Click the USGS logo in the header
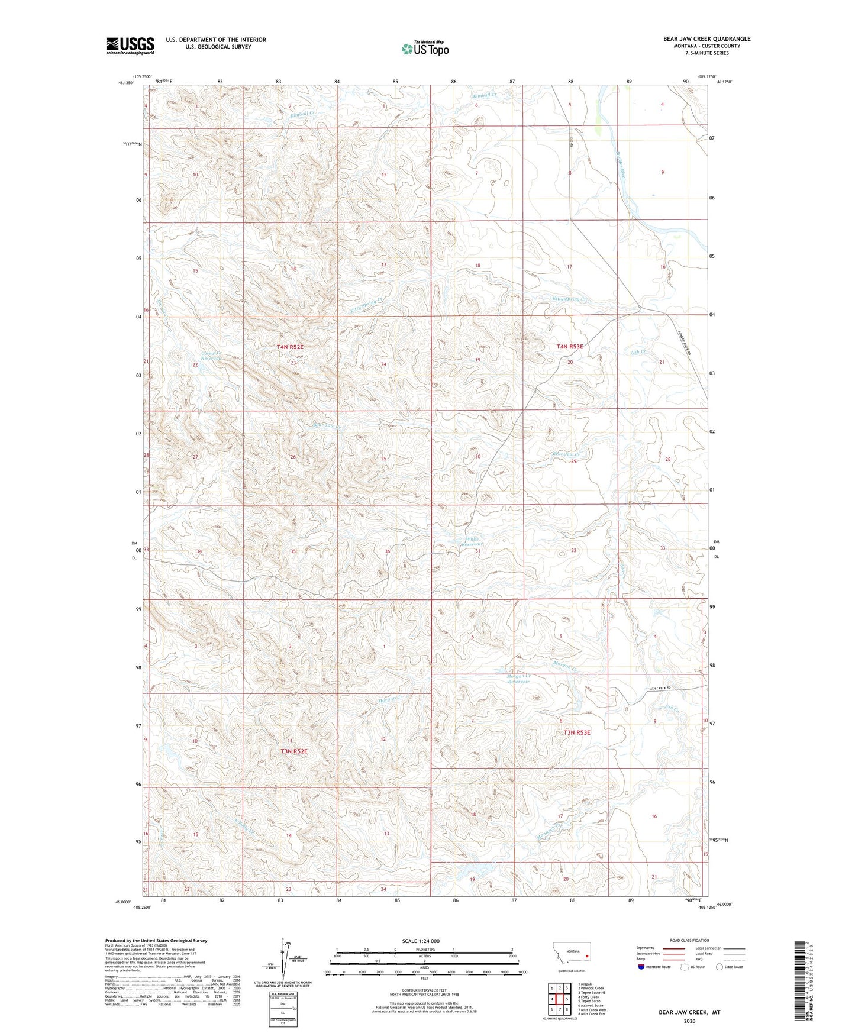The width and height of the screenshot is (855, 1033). coord(130,45)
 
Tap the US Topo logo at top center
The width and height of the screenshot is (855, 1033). coord(425,49)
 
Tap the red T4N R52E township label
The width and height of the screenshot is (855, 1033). coord(290,347)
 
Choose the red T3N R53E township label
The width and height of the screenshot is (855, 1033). coord(577,732)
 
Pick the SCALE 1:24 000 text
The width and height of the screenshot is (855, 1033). coord(421,941)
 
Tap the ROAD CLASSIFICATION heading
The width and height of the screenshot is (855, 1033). coord(689,940)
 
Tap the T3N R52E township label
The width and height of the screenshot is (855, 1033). coord(294,751)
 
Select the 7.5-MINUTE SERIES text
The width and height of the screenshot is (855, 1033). coord(706,53)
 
